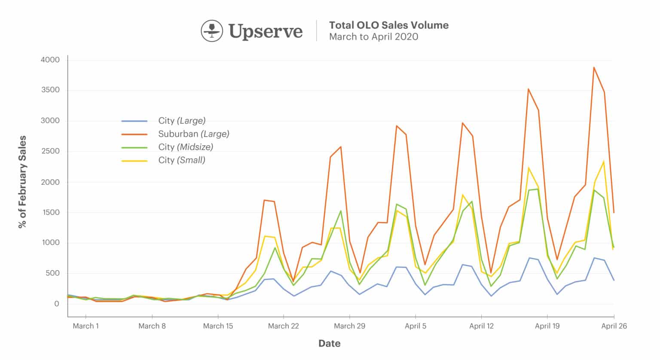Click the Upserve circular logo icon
click(212, 31)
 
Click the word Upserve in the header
click(266, 31)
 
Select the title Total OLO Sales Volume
click(388, 25)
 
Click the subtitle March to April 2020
click(373, 37)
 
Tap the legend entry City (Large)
click(182, 121)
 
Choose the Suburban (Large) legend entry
click(193, 134)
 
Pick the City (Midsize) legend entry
click(186, 147)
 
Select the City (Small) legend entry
click(182, 160)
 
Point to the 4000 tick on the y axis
click(50, 60)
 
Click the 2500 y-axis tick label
click(50, 151)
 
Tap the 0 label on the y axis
click(56, 304)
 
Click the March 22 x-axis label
click(283, 326)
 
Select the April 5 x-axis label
click(416, 326)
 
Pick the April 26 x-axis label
click(614, 326)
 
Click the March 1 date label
click(86, 326)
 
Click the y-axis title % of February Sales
click(22, 182)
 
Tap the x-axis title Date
click(329, 343)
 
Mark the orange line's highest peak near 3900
click(594, 67)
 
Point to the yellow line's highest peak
click(604, 162)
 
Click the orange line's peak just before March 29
click(340, 147)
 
